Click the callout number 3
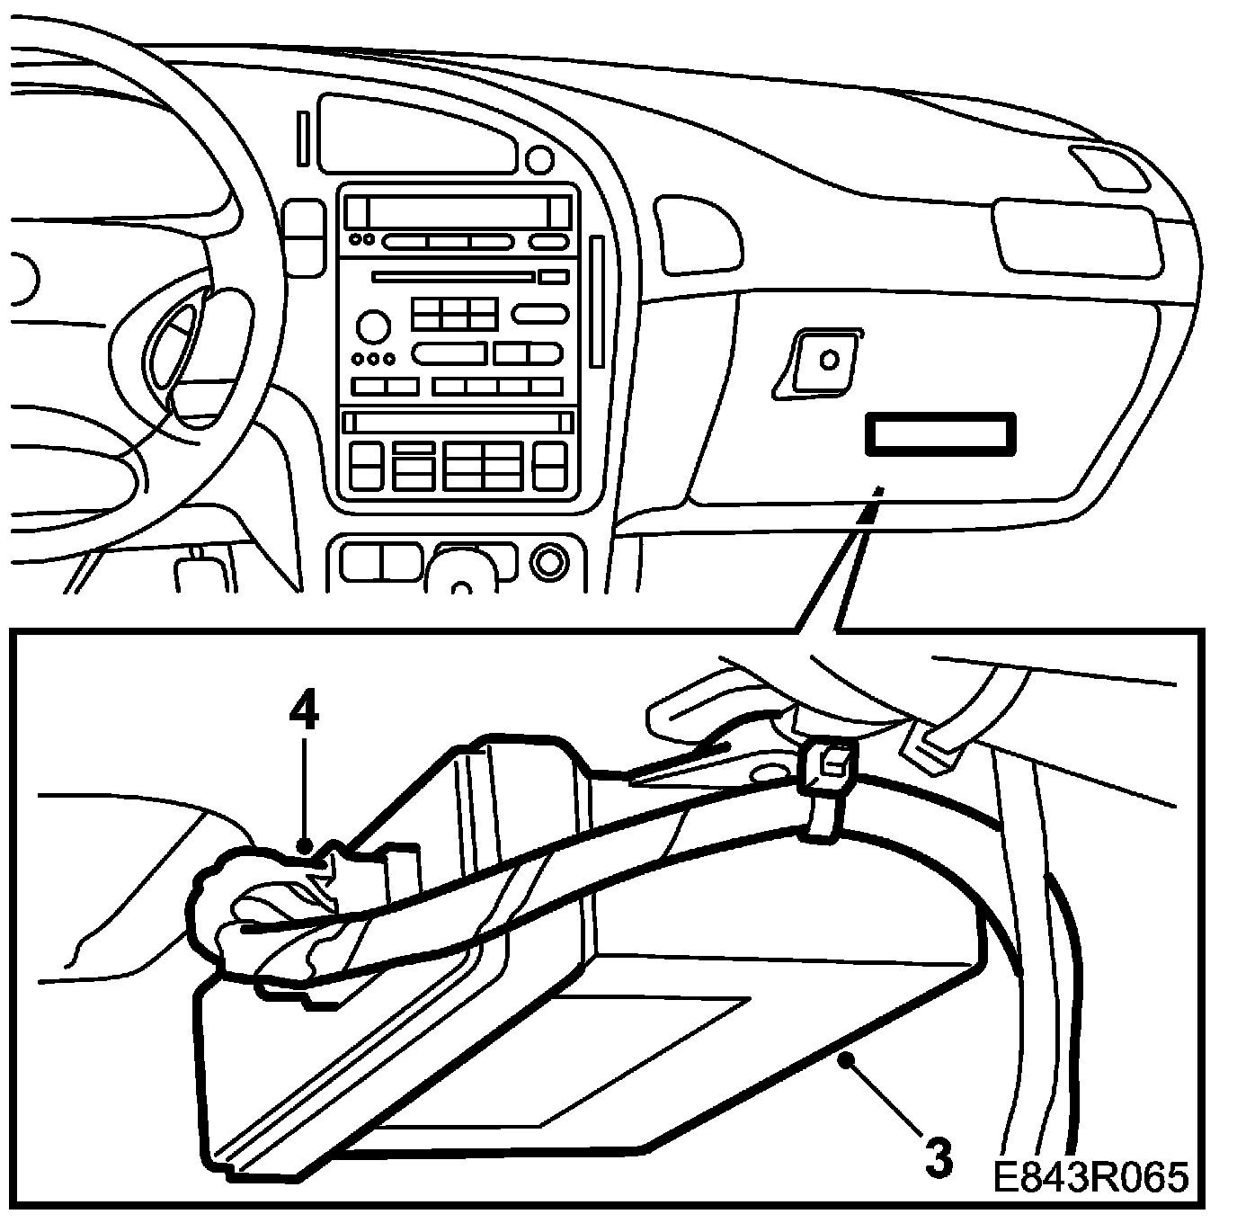coord(938,1159)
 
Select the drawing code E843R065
coord(1091,1177)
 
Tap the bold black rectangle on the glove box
coord(939,434)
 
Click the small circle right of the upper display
coord(539,160)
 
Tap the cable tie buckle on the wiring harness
coord(826,765)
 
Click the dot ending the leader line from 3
coord(844,1062)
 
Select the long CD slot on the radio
coord(454,277)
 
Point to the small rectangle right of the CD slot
coord(554,277)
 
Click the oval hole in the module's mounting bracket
coord(767,772)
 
